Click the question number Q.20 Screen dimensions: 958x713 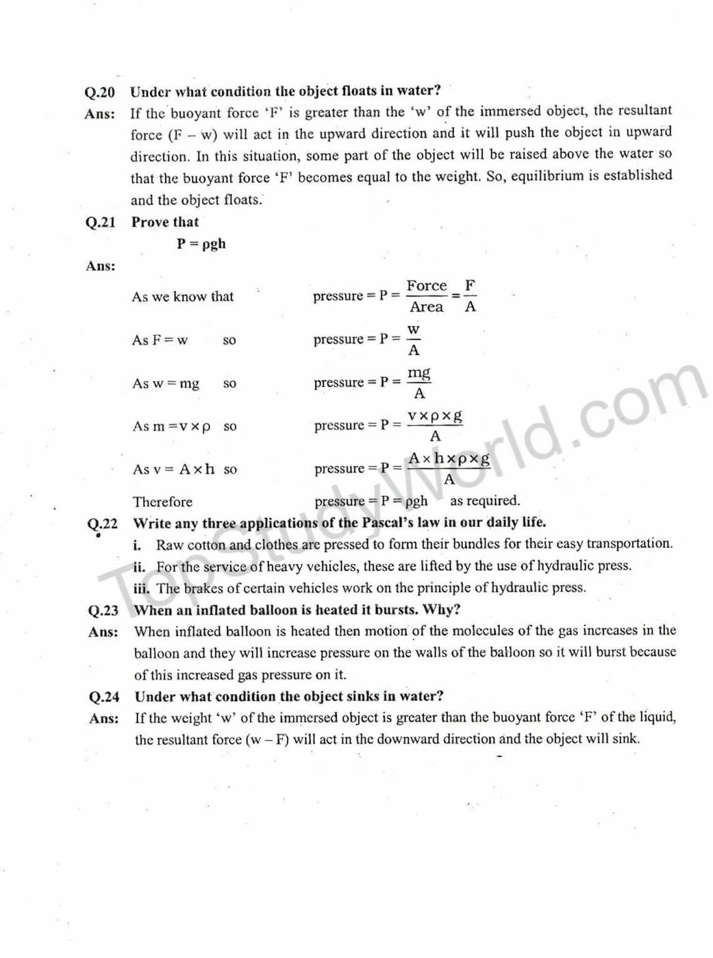coord(99,93)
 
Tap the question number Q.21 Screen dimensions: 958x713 coord(100,222)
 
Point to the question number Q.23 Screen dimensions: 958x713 coord(103,611)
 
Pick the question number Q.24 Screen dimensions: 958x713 coord(103,697)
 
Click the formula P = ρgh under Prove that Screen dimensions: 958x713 coord(201,244)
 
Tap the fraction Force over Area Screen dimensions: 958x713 coord(426,296)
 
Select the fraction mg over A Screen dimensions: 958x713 coord(419,383)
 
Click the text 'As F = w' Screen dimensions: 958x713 coord(159,340)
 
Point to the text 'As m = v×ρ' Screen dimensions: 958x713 coord(172,426)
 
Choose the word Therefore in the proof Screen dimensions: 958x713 coord(163,502)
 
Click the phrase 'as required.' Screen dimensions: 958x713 coord(485,501)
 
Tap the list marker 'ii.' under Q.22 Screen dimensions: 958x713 coord(139,566)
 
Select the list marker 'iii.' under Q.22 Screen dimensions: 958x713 coord(141,588)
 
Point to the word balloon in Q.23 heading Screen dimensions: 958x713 coord(274,610)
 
